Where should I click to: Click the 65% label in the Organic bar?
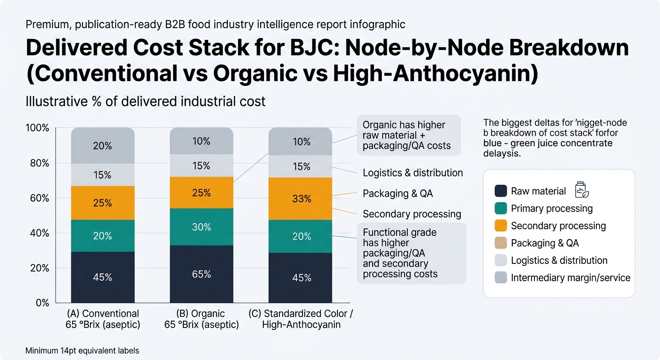coord(201,274)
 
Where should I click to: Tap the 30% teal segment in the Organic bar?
coord(201,227)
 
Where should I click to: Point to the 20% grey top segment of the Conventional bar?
coord(103,146)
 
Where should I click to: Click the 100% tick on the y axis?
coord(38,128)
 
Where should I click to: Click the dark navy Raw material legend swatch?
coord(501,191)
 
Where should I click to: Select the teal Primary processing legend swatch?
coord(501,209)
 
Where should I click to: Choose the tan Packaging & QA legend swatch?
coord(501,243)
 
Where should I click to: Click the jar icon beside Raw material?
coord(581,189)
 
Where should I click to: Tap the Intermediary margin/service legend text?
coord(570,278)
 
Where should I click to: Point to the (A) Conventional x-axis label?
coord(103,319)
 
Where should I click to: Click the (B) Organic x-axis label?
coord(201,319)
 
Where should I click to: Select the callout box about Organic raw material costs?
coord(408,135)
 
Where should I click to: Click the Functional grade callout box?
coord(411,253)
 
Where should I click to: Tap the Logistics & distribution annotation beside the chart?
coord(412,173)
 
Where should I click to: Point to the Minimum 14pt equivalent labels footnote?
coord(82,350)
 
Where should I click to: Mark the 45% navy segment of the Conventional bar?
coord(103,277)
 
